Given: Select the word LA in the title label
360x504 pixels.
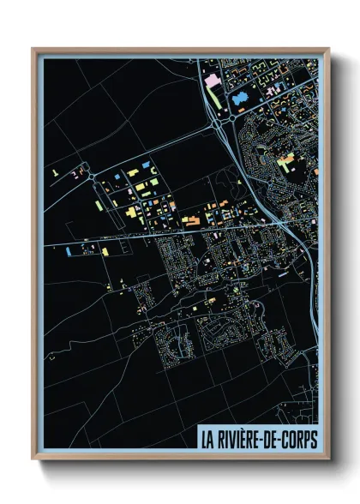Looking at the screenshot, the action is tap(207, 439).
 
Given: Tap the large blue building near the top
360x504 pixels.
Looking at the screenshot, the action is tap(239, 99).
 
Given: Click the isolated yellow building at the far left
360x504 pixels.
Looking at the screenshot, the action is tap(54, 171).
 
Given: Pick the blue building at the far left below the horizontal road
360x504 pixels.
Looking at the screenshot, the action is tap(68, 251).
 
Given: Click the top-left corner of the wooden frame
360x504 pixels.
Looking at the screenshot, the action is tap(33, 50).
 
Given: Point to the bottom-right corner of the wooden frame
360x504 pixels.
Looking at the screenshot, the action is tap(328, 459).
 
